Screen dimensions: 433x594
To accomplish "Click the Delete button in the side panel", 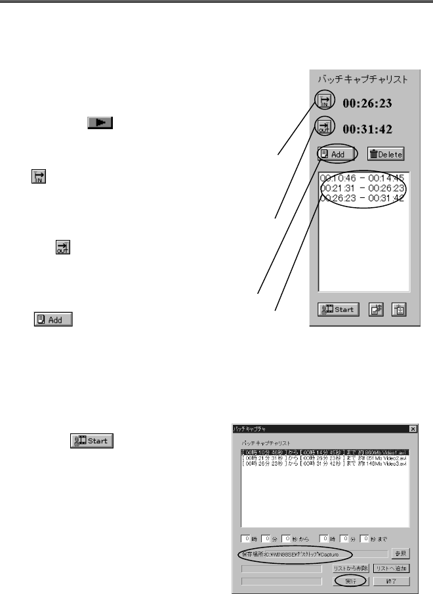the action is point(386,154).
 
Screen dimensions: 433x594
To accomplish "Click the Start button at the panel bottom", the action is point(339,309).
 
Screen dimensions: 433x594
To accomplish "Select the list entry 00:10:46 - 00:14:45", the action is point(361,178).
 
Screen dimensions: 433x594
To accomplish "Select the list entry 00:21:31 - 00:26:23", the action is point(361,189).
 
